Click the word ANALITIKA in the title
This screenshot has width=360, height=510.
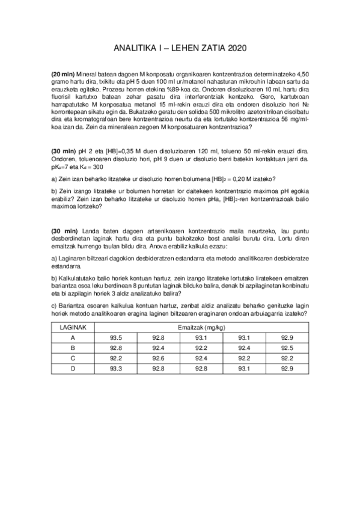pos(132,47)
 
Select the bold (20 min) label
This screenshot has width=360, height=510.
pos(63,73)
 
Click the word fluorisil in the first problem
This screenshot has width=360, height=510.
pos(62,96)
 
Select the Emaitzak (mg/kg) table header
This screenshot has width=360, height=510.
pos(201,327)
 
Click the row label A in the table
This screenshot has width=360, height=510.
pos(73,337)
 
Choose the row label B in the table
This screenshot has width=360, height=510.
pos(73,348)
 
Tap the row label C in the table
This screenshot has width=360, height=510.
pos(73,358)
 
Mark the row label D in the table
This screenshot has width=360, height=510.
pos(73,368)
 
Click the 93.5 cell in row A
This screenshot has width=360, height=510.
pos(117,337)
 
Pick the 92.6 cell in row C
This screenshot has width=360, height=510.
pos(159,358)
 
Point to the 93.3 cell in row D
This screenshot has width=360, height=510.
pos(117,368)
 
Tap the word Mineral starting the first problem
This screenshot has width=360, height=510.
pos(88,73)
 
